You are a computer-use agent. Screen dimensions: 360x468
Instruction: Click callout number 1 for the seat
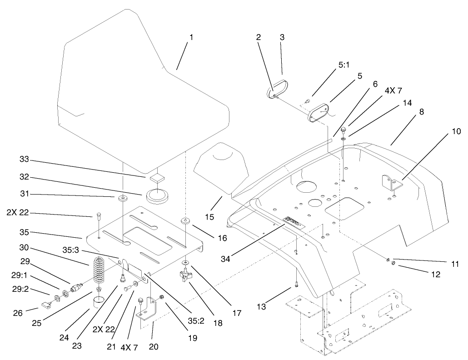(x=191, y=37)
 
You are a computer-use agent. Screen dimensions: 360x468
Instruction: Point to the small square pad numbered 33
(x=157, y=177)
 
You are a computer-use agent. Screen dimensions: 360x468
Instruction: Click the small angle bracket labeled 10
(x=391, y=183)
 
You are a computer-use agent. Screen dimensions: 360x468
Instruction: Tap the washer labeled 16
(x=186, y=221)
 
